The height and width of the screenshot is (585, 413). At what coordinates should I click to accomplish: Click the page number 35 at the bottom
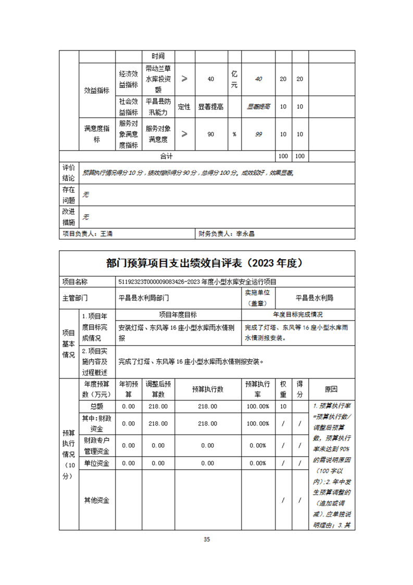click(207, 539)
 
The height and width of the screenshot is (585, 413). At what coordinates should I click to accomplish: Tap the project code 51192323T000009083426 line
click(197, 282)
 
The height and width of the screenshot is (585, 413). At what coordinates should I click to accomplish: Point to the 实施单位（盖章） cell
click(259, 298)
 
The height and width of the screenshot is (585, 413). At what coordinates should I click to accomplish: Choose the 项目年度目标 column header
click(178, 315)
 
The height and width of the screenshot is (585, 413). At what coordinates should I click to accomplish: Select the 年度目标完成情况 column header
click(298, 315)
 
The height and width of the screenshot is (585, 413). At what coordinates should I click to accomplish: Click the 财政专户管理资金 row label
click(97, 445)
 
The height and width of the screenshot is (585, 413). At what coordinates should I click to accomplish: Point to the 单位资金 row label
click(97, 463)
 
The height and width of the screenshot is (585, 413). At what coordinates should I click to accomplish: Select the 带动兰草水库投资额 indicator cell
click(158, 79)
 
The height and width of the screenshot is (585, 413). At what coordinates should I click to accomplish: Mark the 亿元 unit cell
click(234, 79)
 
